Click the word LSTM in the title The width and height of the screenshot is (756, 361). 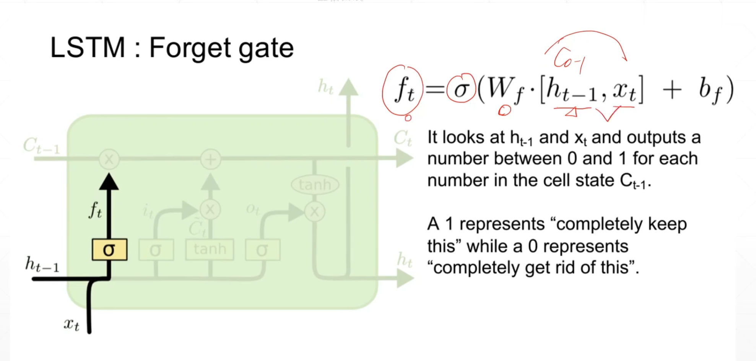88,48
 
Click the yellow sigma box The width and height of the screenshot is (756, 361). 109,250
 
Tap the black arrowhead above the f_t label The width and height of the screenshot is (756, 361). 109,182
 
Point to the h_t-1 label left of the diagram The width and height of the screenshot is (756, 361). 42,264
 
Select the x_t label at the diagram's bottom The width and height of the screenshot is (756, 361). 72,324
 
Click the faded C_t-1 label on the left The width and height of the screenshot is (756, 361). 41,146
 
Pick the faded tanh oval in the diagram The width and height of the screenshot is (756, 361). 315,185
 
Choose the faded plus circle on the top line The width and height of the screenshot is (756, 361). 210,159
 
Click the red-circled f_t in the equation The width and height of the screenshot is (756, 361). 403,90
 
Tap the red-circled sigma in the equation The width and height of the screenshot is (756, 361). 461,89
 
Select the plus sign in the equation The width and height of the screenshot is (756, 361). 672,90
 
